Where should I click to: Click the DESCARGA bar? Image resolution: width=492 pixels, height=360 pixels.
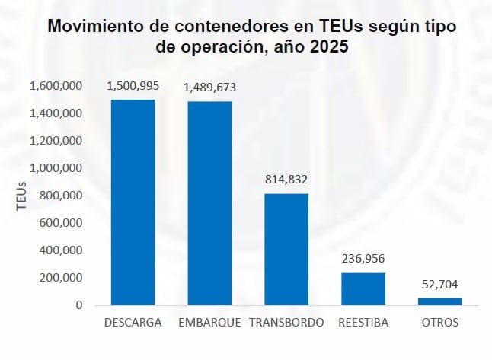coord(133,202)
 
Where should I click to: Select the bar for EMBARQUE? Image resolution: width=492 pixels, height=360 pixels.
coord(209,203)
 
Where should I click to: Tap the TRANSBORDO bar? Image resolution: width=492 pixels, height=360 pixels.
coord(286,249)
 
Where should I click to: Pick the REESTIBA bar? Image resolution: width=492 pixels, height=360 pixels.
coord(363,288)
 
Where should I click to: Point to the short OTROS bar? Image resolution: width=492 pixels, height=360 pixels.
coord(439,301)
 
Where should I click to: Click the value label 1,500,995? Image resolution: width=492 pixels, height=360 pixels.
coord(133,86)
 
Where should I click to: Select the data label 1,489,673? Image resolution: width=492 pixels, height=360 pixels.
coord(210,88)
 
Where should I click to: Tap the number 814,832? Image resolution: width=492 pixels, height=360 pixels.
coord(286,180)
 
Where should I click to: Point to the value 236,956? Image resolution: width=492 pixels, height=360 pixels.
coord(363,259)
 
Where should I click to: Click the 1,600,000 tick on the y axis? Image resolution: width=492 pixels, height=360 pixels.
coord(56,86)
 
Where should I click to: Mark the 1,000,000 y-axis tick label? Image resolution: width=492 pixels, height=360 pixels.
coord(56,168)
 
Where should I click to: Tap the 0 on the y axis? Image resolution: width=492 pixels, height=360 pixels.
coord(79,305)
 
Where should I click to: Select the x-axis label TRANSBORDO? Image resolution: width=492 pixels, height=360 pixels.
coord(286,323)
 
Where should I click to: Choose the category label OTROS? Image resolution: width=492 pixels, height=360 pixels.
coord(439,323)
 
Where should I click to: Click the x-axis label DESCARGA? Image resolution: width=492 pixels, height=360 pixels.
coord(133,323)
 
